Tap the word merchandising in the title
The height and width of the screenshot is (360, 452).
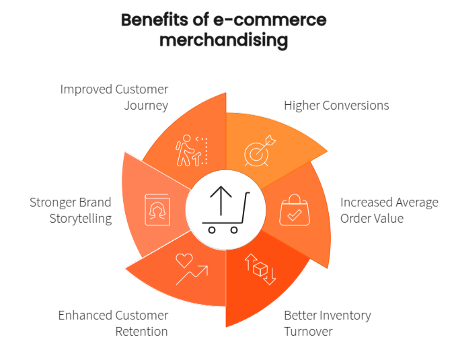[224, 40]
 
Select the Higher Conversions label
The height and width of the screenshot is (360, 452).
[336, 106]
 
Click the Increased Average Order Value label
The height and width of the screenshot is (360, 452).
[389, 210]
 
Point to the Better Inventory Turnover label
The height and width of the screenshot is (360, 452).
[327, 323]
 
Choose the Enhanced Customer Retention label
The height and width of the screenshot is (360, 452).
[113, 323]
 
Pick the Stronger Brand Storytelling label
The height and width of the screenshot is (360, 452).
[70, 210]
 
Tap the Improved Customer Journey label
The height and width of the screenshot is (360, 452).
[114, 97]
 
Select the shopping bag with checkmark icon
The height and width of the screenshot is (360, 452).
[294, 211]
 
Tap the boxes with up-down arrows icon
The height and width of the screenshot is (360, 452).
[260, 268]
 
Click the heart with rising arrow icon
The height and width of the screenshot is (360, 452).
[191, 268]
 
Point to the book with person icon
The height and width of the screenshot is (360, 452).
[155, 210]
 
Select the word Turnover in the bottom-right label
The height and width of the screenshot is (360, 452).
[308, 331]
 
